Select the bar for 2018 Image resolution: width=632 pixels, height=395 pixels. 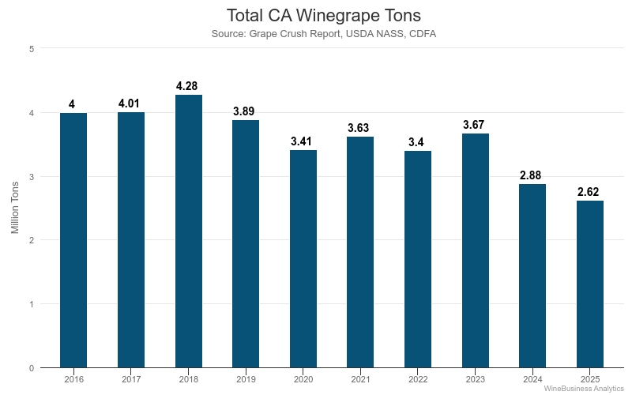(188, 231)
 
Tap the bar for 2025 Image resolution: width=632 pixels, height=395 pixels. (589, 284)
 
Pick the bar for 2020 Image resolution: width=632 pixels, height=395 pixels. (303, 258)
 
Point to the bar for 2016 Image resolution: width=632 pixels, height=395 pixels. (73, 240)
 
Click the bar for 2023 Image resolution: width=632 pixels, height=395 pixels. (475, 250)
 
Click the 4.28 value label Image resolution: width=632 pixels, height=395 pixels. (188, 85)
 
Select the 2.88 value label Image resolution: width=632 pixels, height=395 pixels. (532, 175)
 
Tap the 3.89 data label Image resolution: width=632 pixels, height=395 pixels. (246, 111)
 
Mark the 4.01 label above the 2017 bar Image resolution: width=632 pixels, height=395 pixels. (131, 103)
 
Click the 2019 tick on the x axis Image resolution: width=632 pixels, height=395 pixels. (246, 380)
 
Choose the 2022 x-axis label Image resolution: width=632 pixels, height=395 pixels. (418, 380)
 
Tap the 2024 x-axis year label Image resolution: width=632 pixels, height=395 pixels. (532, 380)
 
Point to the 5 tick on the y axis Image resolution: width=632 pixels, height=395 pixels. (31, 49)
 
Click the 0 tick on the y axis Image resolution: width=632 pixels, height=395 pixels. (31, 368)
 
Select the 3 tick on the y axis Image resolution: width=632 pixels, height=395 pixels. (31, 176)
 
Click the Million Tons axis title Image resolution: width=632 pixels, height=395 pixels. (15, 208)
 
